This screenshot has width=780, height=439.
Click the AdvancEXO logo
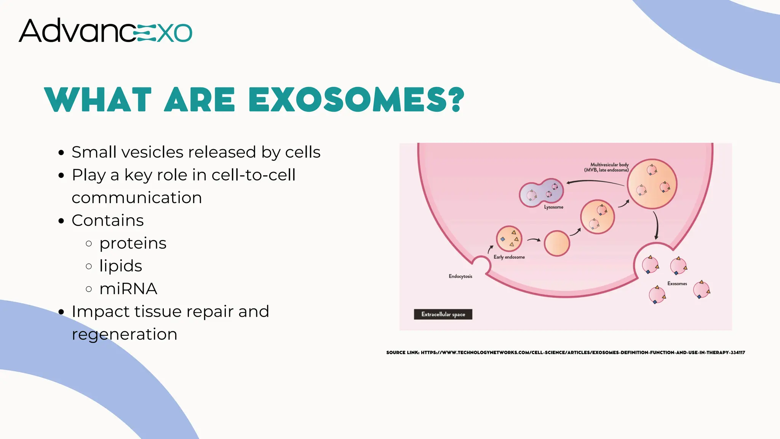[105, 30]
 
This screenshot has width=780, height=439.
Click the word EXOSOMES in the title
[356, 100]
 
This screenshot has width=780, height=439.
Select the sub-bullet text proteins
[133, 243]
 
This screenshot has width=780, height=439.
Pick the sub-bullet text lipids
[121, 266]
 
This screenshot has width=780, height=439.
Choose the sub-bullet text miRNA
[128, 289]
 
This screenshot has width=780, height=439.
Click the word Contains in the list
[108, 220]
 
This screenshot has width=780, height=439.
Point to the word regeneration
[125, 334]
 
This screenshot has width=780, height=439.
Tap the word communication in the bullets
[137, 198]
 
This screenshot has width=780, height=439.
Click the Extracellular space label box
[443, 314]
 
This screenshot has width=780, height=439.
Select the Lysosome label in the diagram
[553, 207]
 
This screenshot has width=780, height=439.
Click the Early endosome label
[509, 257]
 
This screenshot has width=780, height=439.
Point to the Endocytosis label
[460, 276]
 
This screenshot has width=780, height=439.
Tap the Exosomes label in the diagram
[677, 284]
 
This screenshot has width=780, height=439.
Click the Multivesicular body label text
[607, 167]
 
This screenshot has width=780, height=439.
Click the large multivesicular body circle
[652, 184]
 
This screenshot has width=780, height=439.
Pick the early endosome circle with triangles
[509, 239]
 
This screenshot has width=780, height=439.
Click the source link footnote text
[566, 352]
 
